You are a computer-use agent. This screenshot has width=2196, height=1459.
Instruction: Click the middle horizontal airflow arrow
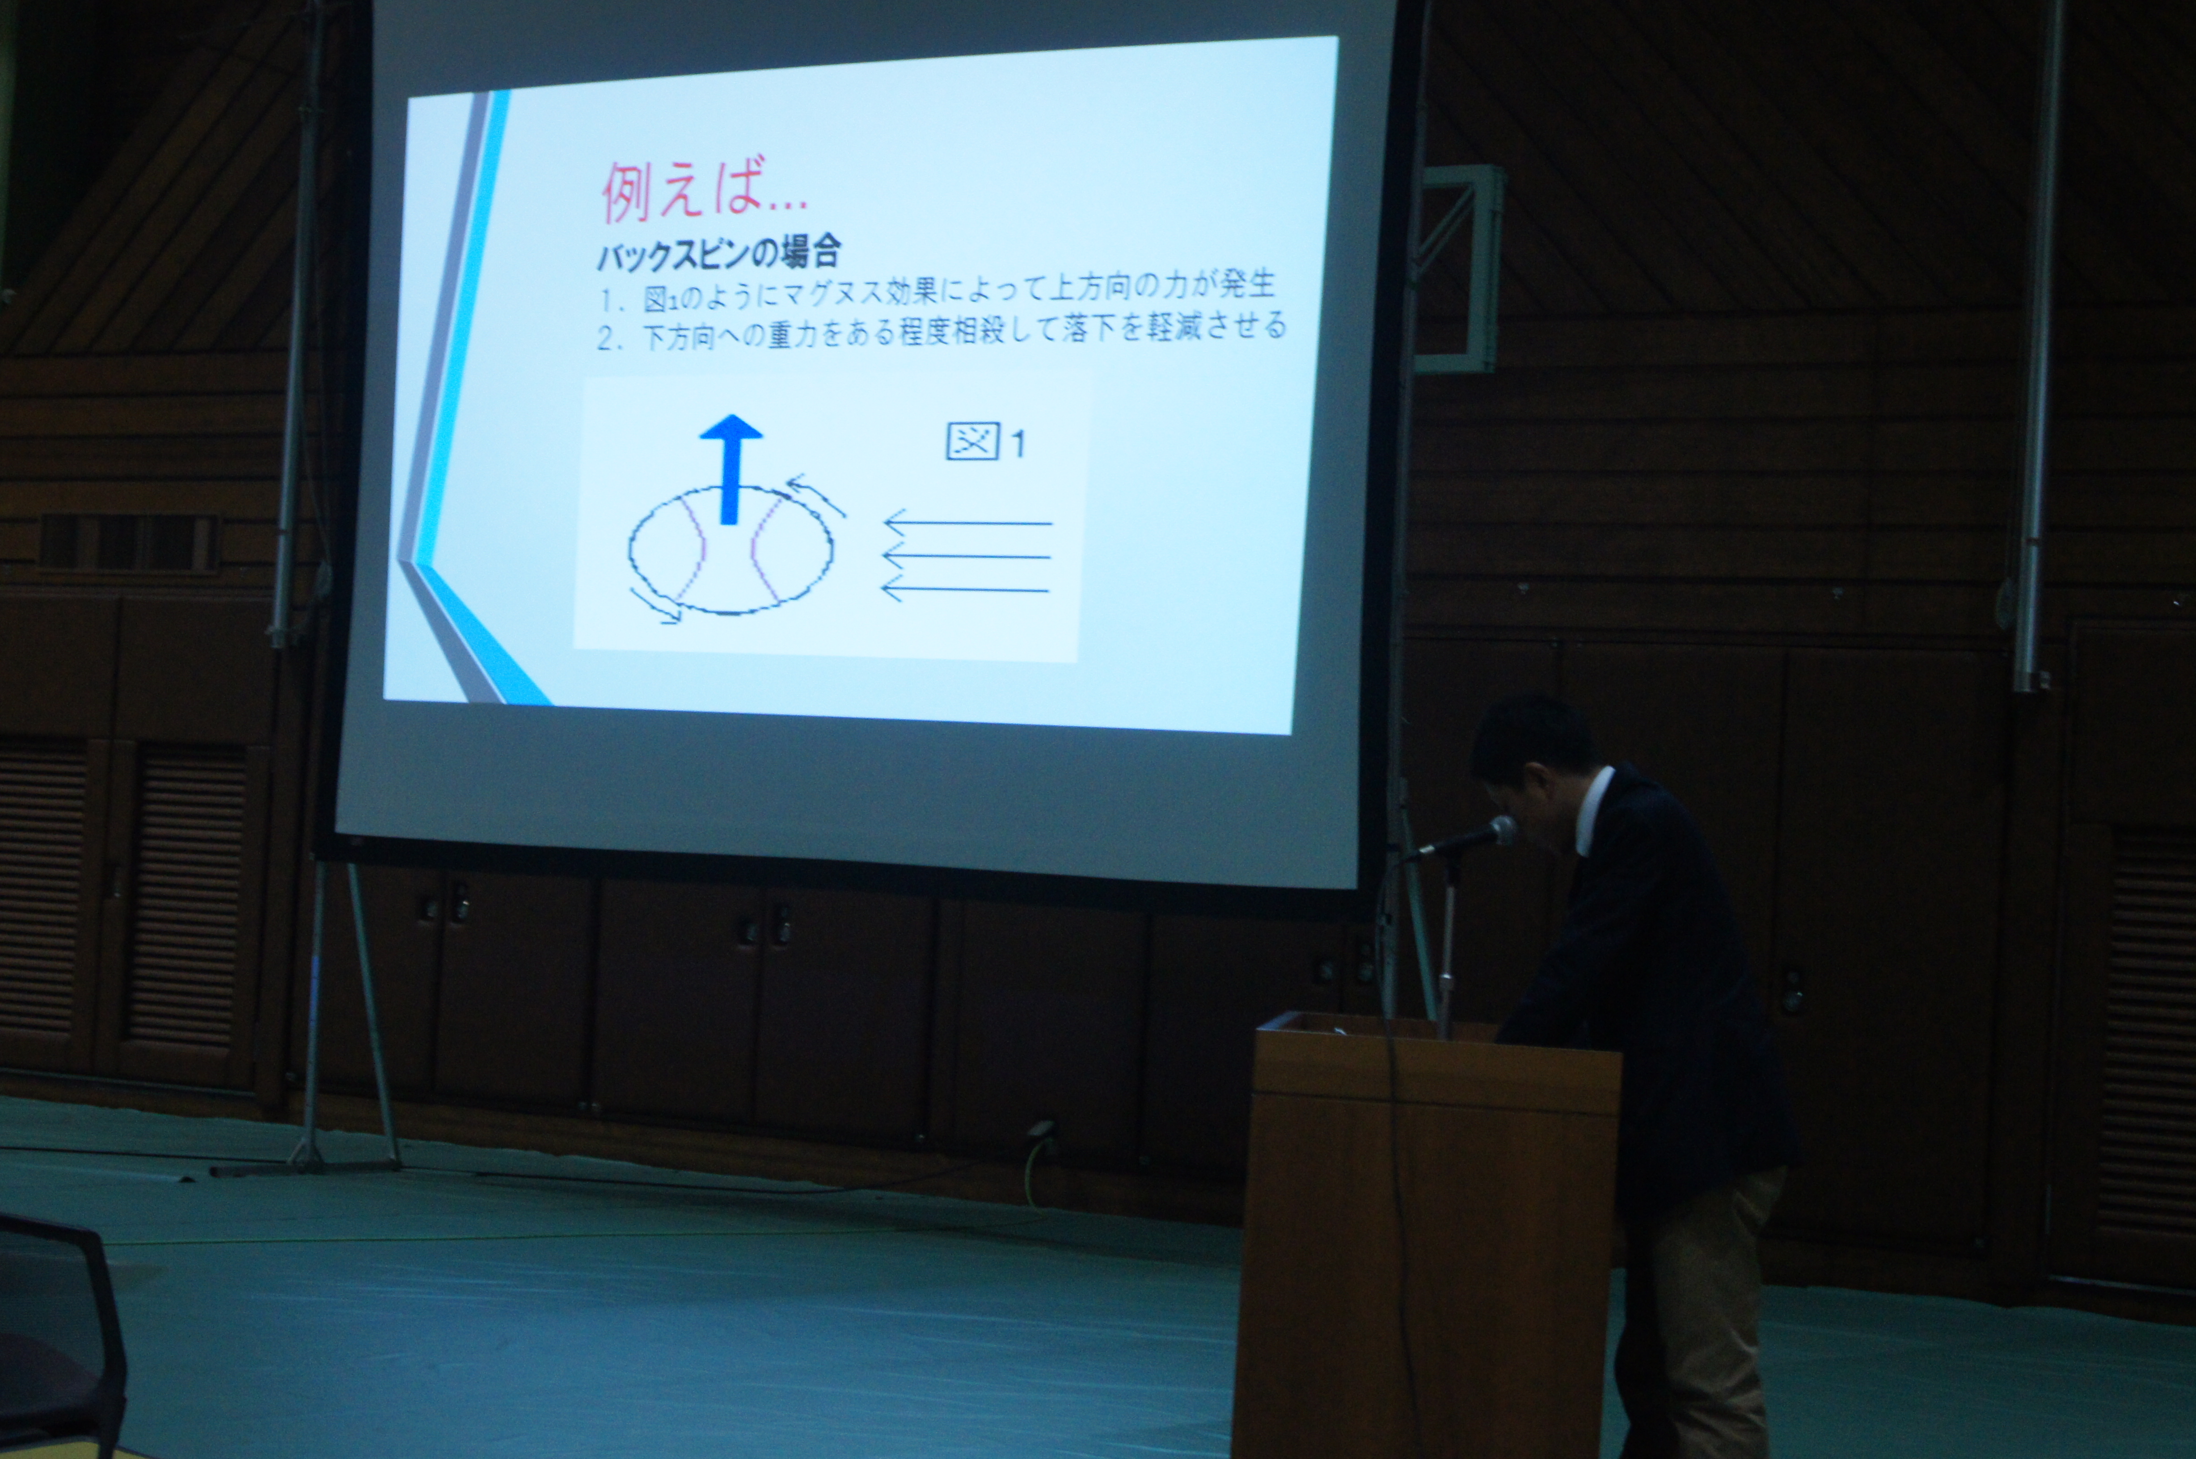(966, 557)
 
